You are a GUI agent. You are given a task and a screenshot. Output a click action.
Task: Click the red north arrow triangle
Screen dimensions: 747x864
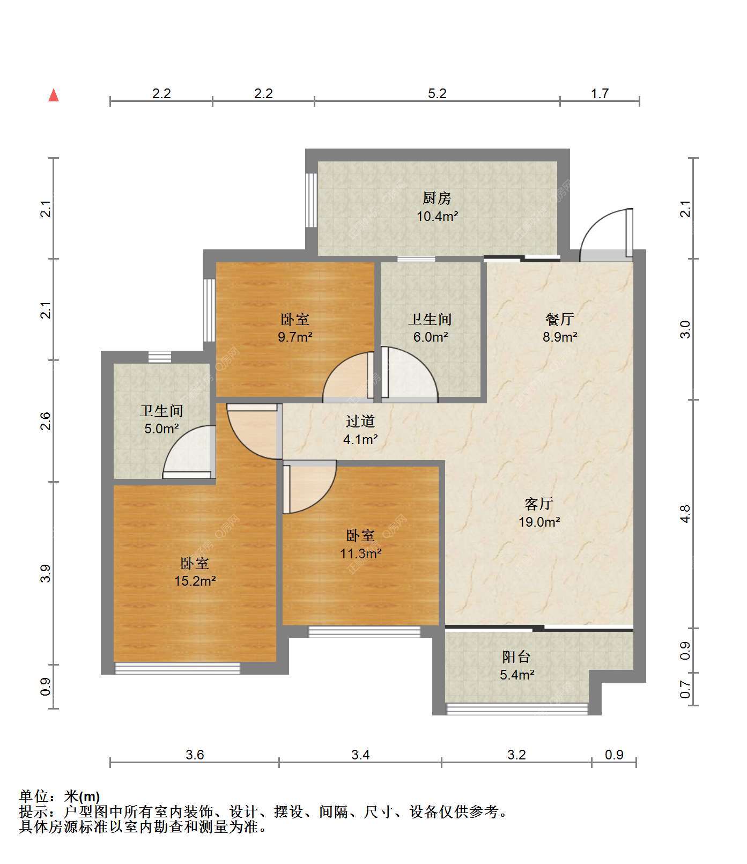(x=54, y=95)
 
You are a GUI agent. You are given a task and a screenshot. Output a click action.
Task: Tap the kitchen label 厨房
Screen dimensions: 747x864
(x=437, y=198)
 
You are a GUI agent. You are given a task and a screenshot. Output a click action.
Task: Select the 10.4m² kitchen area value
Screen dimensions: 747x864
(x=437, y=217)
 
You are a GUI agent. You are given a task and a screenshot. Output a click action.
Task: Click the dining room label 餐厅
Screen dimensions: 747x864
(x=559, y=320)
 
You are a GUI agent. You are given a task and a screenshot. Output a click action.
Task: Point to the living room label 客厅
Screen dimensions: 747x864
(x=538, y=504)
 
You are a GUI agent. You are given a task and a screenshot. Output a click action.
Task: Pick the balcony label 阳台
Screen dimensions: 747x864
(x=516, y=657)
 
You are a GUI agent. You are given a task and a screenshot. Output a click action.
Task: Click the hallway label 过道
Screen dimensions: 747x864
(x=360, y=422)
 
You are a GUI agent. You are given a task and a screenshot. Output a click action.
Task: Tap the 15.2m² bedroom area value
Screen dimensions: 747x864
(x=195, y=581)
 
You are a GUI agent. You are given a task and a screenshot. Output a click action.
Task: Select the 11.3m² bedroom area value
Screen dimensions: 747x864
(x=360, y=553)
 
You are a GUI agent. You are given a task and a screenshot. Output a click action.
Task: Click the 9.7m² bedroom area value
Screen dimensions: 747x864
(x=295, y=337)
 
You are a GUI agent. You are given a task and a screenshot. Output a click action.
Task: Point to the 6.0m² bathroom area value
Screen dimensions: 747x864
(x=431, y=337)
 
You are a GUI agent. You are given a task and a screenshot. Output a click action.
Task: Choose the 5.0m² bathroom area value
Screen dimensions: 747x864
(x=161, y=429)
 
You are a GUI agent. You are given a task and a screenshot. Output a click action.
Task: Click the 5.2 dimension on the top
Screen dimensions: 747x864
(x=437, y=94)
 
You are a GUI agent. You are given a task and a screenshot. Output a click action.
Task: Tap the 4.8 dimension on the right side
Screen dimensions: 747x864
(x=685, y=513)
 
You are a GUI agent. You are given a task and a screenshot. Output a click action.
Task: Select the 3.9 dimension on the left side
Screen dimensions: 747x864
(x=47, y=573)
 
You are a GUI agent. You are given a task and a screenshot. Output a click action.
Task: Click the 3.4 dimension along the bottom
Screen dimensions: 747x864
(x=360, y=755)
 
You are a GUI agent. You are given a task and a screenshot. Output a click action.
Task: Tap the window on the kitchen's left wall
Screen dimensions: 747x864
(x=310, y=200)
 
